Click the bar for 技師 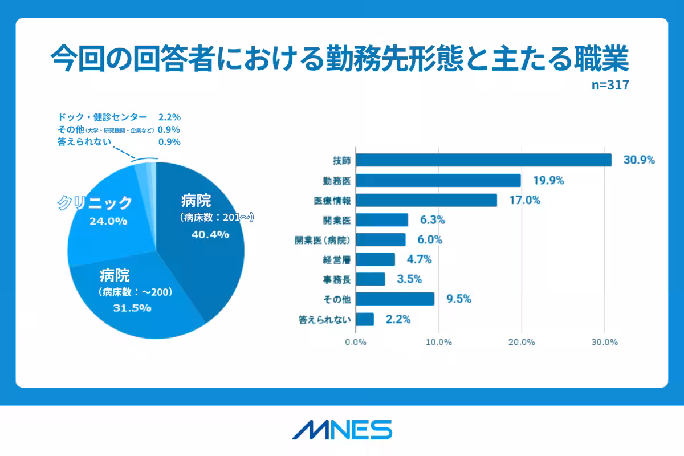[x=483, y=160]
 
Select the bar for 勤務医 [x=438, y=181]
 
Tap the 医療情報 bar [x=426, y=200]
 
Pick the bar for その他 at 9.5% [x=395, y=299]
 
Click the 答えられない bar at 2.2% [x=365, y=319]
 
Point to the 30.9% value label [x=639, y=160]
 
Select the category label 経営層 [x=336, y=260]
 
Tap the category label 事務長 [x=336, y=279]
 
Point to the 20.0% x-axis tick [x=521, y=343]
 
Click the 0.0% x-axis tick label [x=356, y=343]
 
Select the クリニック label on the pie [x=95, y=202]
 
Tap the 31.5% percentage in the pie [x=133, y=308]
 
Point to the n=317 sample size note [x=609, y=86]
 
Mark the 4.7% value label [x=419, y=260]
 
